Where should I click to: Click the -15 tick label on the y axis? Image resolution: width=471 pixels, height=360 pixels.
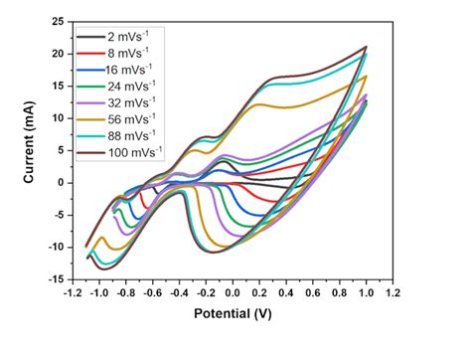(56, 279)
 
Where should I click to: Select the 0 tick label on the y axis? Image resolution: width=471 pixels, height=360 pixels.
(62, 183)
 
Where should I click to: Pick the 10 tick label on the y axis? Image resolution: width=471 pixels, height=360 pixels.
(58, 118)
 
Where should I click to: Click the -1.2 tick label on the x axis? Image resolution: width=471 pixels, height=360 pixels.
(72, 294)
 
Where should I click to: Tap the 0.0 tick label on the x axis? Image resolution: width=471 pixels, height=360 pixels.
(233, 294)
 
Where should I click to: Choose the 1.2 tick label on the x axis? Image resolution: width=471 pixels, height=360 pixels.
(392, 294)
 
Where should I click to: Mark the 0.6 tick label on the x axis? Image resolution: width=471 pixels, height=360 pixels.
(313, 294)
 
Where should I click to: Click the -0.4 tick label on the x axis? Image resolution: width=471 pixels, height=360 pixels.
(179, 294)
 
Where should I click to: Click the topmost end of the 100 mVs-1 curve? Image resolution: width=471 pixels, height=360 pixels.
(367, 47)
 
